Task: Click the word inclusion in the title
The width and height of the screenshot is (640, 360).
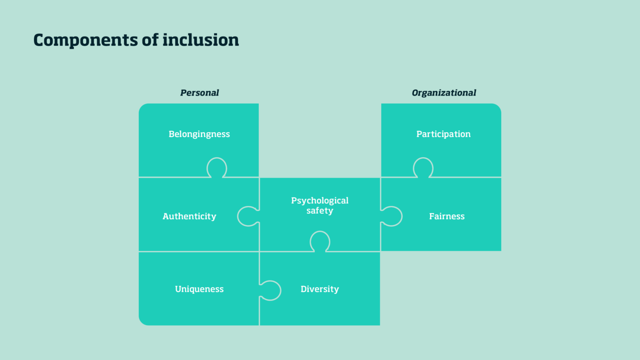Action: tap(200, 40)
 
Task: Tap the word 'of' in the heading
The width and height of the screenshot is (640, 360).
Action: tap(151, 40)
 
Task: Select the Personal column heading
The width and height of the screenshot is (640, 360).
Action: tap(200, 93)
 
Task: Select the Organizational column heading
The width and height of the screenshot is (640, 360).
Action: tap(444, 93)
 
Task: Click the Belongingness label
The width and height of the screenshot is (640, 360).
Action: tap(199, 134)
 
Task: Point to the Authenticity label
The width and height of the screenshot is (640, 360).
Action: tap(189, 216)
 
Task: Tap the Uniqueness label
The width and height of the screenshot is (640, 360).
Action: tap(199, 289)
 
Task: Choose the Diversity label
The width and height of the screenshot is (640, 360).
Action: tap(320, 289)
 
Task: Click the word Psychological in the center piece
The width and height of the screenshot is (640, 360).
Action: tap(320, 200)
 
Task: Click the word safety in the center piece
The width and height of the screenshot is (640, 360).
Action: tap(320, 211)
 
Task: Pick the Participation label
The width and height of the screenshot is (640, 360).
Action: tap(443, 134)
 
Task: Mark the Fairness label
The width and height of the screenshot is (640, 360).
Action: tap(447, 216)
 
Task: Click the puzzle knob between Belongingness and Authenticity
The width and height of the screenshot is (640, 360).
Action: tap(217, 168)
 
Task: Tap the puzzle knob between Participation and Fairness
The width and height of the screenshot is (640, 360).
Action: tap(423, 168)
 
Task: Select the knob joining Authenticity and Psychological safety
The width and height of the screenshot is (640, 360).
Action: tap(248, 216)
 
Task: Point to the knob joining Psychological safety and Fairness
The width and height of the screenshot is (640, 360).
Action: tap(392, 216)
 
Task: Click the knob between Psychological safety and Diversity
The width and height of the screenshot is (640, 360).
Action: tap(320, 241)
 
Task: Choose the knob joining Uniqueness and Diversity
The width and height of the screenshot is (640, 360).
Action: tap(270, 290)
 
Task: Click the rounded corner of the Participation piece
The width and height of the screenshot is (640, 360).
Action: tap(496, 109)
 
